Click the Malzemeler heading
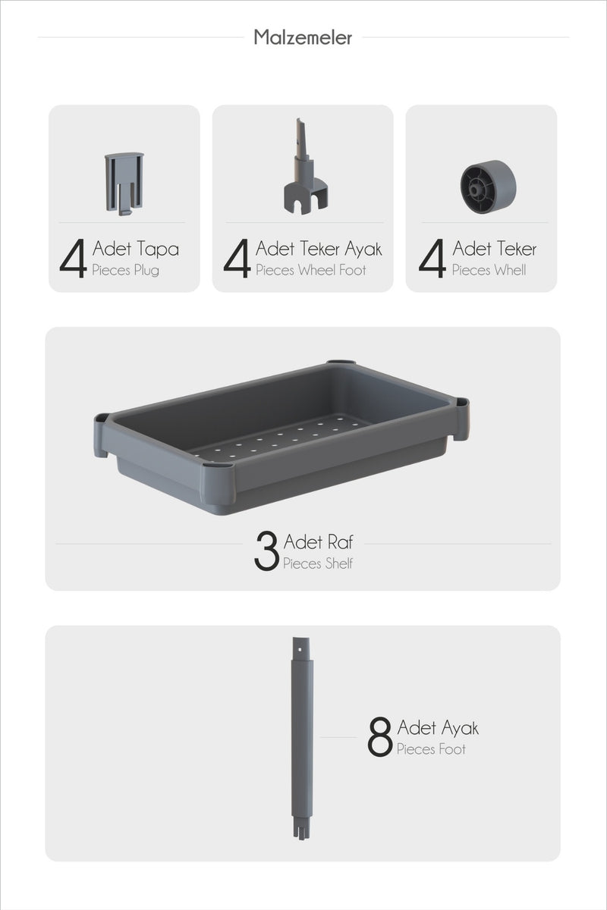pos(303,37)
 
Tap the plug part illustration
pos(124,184)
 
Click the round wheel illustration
pos(489,187)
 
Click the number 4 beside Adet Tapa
pos(73,258)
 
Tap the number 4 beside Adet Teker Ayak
pos(237,258)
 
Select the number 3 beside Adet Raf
pos(266,551)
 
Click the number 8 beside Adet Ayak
pos(379,736)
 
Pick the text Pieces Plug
pos(125,270)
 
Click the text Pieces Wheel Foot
pos(310,270)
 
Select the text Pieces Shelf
pos(318,563)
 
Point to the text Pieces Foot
pos(431,748)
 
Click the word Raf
pos(340,541)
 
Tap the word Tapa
pos(157,249)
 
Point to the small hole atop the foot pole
pos(300,649)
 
